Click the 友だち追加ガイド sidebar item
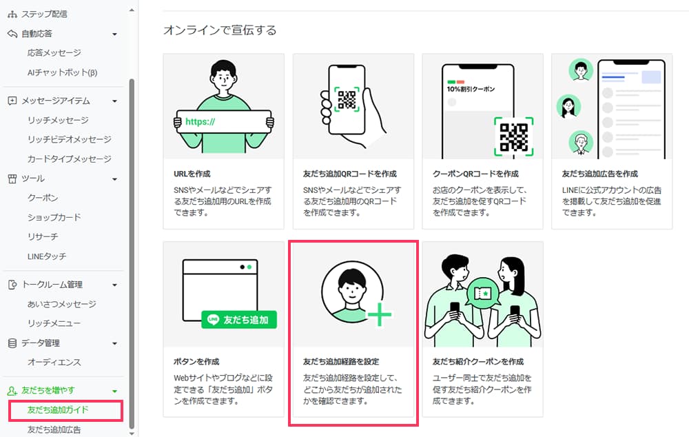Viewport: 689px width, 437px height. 58,410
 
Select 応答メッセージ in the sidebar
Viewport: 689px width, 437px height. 54,52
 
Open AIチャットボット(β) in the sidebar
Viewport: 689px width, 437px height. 63,72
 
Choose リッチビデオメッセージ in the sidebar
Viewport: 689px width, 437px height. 69,139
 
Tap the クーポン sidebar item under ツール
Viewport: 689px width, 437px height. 43,198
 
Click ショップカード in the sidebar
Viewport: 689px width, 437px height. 54,217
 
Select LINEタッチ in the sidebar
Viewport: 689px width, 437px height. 47,256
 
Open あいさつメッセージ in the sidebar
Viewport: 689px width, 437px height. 61,304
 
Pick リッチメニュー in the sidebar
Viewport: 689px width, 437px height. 54,323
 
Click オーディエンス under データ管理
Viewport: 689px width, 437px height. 54,363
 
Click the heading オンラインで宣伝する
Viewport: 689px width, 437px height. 220,30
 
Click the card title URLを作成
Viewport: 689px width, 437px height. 193,174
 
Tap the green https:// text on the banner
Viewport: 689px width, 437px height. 200,122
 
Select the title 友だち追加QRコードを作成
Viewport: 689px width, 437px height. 349,174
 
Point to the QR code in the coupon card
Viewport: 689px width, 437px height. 513,136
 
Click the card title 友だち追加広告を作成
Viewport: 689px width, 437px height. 599,174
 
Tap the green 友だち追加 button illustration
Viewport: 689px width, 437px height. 239,320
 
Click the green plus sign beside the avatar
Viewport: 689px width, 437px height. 379,315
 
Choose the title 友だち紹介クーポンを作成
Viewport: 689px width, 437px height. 477,361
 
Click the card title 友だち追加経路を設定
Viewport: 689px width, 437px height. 341,361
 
